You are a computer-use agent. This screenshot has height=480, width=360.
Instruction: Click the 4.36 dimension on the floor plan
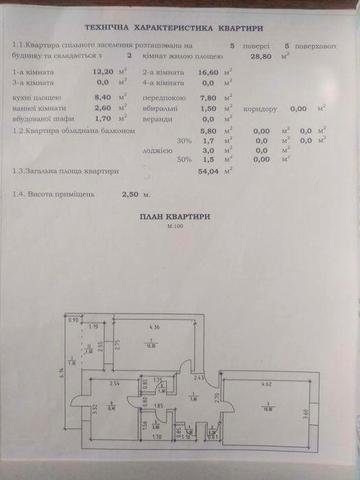tap(153, 327)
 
